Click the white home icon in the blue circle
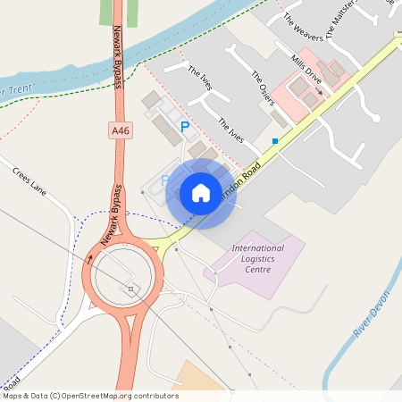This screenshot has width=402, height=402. pyautogui.click(x=201, y=193)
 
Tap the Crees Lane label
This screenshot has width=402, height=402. pyautogui.click(x=29, y=179)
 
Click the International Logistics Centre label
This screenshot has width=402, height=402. pyautogui.click(x=257, y=258)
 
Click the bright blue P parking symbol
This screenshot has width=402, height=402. pyautogui.click(x=185, y=128)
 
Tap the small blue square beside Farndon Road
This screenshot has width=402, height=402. pyautogui.click(x=275, y=141)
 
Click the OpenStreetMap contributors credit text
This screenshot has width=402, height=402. pyautogui.click(x=89, y=396)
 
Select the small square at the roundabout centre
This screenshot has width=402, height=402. pyautogui.click(x=130, y=289)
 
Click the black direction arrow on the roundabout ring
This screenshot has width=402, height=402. pyautogui.click(x=88, y=261)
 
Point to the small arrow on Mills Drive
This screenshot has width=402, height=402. pyautogui.click(x=319, y=90)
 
